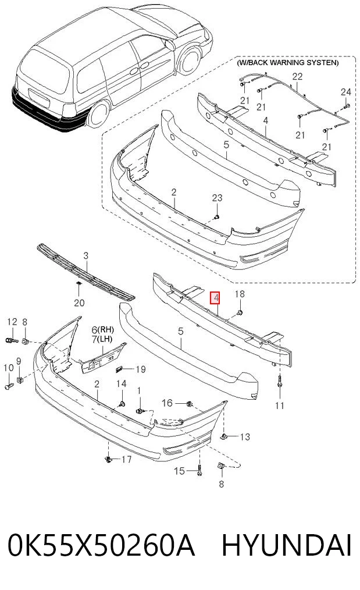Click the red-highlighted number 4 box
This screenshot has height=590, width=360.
pos(215,298)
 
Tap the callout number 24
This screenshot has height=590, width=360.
pos(345,92)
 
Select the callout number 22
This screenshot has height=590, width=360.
pos(297,76)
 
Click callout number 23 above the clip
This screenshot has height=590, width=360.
pos(217,198)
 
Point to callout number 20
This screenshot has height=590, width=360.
pos(79,303)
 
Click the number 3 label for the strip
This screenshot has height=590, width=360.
pos(85,256)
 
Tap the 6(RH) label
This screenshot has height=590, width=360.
pos(103,330)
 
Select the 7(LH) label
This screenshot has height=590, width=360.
pos(102,339)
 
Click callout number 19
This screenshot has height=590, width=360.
pos(141,369)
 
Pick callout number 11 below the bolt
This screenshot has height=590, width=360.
pos(280,406)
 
